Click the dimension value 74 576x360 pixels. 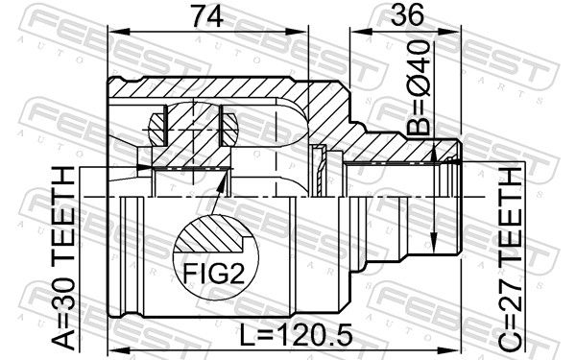207,16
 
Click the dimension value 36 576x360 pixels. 407,15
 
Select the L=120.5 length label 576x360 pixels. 296,335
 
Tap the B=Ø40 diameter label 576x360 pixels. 420,87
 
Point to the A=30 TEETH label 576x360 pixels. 63,257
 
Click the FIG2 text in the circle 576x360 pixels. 214,273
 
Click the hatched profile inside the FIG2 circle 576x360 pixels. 212,234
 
